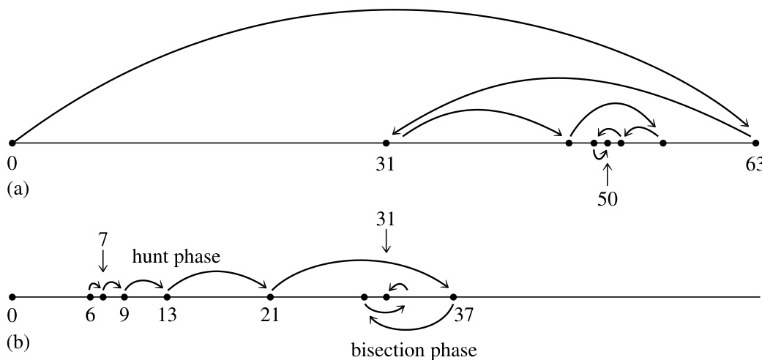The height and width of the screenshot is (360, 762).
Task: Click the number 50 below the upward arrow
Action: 608,199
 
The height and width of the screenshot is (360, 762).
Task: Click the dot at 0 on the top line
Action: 12,143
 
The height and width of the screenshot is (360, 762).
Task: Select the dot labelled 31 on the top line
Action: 386,143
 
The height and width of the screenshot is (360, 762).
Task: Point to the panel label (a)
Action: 18,189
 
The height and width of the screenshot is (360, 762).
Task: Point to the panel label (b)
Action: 18,342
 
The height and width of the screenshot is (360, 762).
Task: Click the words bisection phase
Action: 414,350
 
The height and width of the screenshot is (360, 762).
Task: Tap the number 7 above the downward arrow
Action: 102,239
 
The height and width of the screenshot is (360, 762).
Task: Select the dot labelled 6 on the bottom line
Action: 90,297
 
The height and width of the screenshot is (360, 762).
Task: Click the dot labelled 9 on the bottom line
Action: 124,297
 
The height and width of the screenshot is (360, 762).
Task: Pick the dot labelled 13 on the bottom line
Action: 168,297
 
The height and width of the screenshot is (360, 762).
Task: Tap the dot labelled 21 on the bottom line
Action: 271,297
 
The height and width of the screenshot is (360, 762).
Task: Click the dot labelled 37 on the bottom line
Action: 453,297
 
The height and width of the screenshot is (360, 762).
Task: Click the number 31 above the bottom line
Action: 386,219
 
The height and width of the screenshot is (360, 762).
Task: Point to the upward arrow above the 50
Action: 608,173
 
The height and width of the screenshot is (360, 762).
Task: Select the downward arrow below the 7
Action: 102,262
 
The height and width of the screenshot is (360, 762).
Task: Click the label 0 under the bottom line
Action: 12,318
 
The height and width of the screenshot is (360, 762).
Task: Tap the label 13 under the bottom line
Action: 168,318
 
